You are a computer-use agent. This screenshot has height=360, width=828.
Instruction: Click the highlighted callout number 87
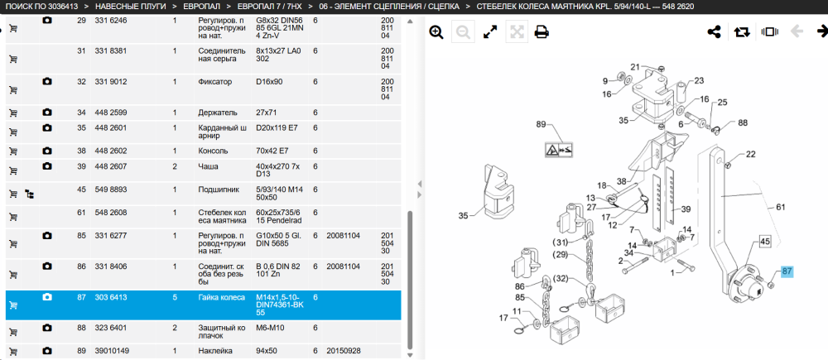tap(787, 271)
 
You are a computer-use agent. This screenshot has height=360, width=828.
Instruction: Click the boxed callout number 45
tap(765, 242)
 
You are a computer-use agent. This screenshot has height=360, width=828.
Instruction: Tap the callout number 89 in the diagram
tap(540, 124)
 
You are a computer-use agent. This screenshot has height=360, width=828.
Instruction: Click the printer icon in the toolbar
tap(541, 32)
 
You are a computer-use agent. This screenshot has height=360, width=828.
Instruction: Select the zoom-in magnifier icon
tap(436, 32)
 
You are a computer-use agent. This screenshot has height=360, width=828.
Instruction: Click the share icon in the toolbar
tap(714, 32)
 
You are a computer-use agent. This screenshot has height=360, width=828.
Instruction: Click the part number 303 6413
tap(108, 297)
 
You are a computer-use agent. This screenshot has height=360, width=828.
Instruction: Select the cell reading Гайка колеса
tap(221, 297)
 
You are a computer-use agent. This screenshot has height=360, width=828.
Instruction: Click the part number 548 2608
tap(108, 212)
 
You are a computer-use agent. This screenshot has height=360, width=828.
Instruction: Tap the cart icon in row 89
tap(13, 352)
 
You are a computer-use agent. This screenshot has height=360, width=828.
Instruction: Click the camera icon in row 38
tap(47, 151)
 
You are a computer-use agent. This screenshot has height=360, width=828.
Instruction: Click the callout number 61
tap(781, 207)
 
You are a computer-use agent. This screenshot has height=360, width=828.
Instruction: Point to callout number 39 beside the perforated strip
tap(686, 209)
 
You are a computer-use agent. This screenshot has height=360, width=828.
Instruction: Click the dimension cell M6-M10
tap(270, 328)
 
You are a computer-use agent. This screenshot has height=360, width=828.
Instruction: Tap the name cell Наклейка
tap(215, 351)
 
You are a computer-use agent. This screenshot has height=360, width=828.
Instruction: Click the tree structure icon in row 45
tap(30, 194)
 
